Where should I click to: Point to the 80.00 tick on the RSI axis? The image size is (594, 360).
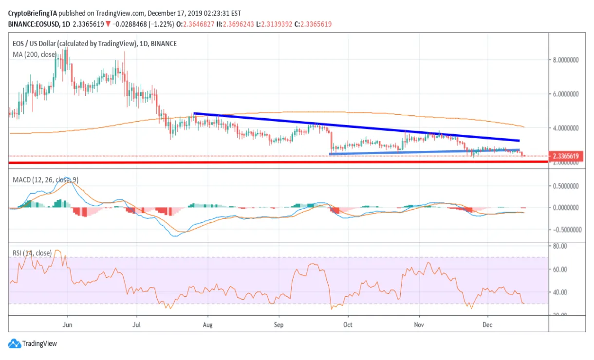[561, 246]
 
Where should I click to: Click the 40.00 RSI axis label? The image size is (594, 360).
[561, 292]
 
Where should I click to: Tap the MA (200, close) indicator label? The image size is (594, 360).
[34, 54]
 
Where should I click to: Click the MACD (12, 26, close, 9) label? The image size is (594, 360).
[45, 180]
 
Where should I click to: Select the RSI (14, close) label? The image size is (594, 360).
[32, 253]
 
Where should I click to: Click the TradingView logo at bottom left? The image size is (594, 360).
[33, 343]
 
